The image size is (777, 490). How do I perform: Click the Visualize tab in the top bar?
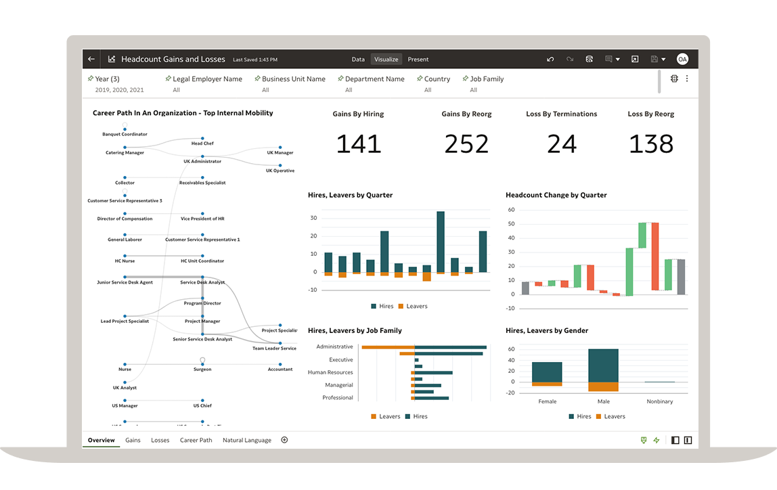click(386, 60)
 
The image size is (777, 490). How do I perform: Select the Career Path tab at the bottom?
click(196, 441)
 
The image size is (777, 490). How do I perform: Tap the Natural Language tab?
click(247, 441)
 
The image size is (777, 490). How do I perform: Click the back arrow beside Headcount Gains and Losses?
click(91, 60)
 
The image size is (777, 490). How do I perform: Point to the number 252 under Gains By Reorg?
click(466, 144)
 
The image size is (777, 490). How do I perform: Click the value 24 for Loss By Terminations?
click(562, 144)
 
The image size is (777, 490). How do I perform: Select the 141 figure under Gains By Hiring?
click(358, 144)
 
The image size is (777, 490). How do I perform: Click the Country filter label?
click(437, 79)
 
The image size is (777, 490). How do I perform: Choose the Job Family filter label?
click(487, 79)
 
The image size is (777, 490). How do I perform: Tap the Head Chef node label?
click(202, 143)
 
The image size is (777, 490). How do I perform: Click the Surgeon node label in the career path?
click(202, 370)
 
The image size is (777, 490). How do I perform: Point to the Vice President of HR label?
click(202, 219)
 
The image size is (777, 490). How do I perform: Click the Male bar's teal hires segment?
click(603, 365)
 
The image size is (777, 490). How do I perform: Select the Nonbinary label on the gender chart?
click(659, 401)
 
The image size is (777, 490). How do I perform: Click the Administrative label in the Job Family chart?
click(334, 347)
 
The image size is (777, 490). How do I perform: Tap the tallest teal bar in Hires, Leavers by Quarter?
click(441, 242)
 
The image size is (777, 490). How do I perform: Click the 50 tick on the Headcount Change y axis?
click(511, 224)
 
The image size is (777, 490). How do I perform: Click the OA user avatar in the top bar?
click(682, 60)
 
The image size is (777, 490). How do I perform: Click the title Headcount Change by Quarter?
click(556, 195)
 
